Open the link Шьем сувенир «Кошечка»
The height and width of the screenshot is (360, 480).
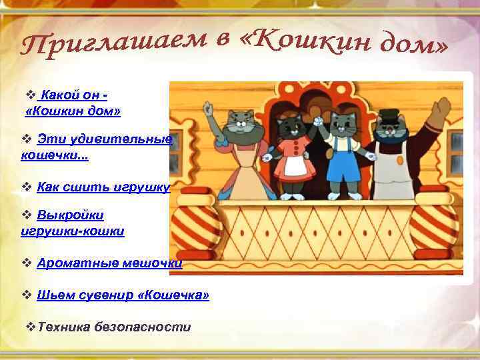point(123,295)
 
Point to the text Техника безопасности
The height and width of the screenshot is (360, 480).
point(114,327)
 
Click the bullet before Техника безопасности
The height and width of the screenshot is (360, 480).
point(28,327)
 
